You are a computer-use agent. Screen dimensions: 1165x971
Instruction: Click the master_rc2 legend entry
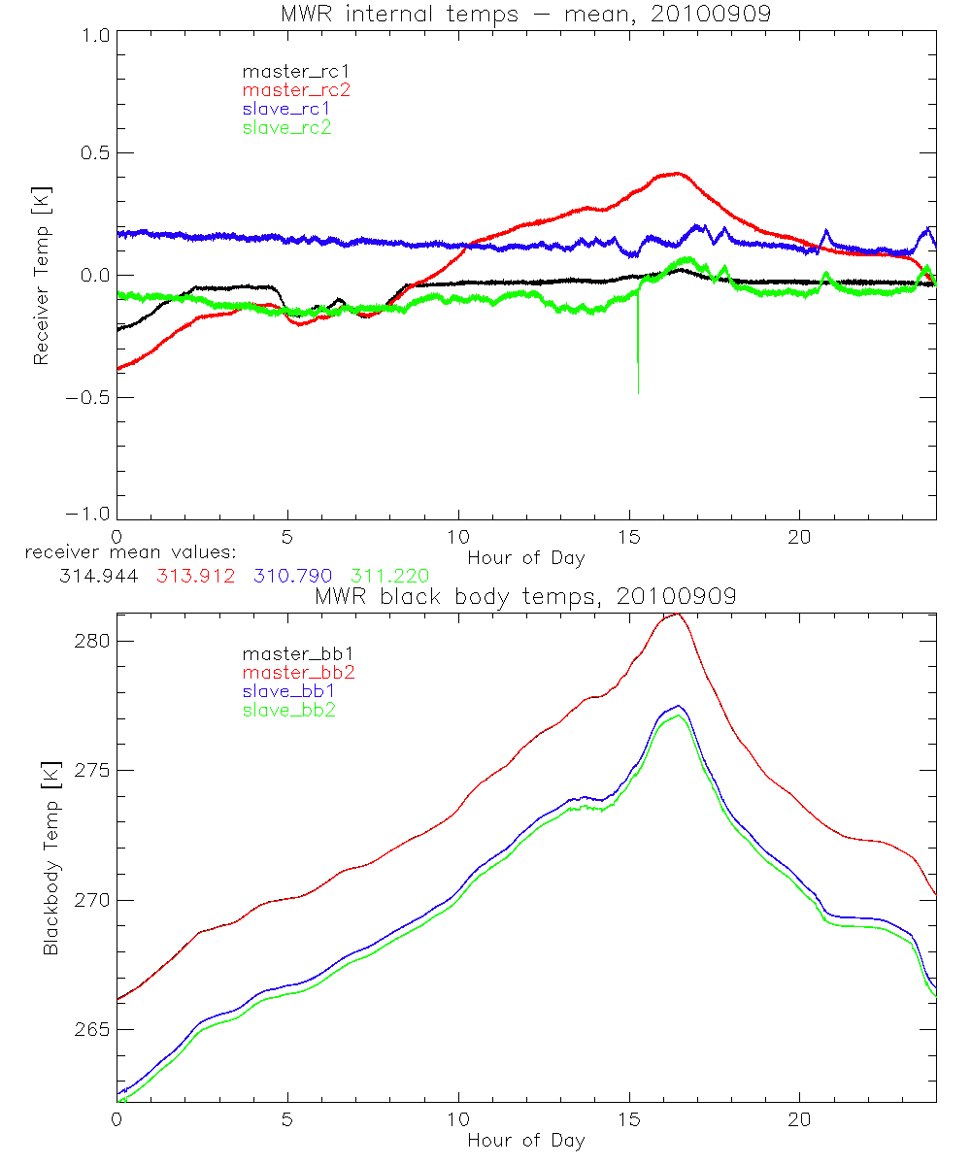click(x=295, y=90)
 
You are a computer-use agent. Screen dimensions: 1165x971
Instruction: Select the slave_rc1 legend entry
click(x=288, y=109)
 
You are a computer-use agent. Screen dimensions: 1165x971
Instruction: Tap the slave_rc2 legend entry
click(x=286, y=127)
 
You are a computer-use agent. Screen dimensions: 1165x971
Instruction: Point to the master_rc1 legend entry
click(x=295, y=72)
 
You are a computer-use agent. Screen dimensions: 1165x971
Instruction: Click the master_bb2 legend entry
click(x=295, y=673)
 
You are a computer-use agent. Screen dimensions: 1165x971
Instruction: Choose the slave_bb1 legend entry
click(x=288, y=691)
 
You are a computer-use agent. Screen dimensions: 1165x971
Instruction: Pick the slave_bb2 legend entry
click(x=288, y=710)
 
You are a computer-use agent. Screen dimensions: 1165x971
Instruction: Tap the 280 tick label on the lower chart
click(x=89, y=641)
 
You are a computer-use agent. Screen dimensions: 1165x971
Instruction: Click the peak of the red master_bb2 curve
click(x=677, y=614)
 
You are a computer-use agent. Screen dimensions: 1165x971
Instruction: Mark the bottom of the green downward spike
click(x=638, y=392)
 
